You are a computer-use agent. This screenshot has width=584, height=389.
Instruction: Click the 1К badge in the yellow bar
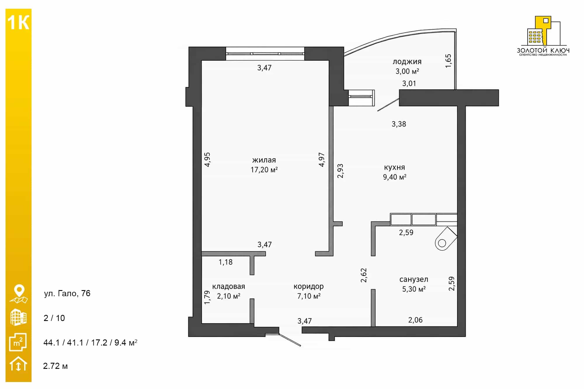[18, 23]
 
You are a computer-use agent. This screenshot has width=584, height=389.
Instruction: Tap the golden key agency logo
[543, 36]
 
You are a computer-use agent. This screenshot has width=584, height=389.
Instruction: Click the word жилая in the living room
[264, 160]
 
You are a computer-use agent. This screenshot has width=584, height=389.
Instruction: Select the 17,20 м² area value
[264, 170]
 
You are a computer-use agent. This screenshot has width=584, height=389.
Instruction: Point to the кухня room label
[394, 167]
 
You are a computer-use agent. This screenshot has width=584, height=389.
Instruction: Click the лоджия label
[407, 62]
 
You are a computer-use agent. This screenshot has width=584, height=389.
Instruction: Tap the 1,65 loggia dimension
[448, 61]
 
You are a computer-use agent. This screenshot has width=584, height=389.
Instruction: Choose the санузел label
[414, 279]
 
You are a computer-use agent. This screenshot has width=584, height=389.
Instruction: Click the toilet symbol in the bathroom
[445, 239]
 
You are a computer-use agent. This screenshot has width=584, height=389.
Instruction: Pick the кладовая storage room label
[229, 286]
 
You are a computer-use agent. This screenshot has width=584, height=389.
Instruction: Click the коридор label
[309, 287]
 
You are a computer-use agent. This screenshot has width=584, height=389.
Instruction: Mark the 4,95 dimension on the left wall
[207, 160]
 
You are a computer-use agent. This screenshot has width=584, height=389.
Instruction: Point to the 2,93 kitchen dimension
[340, 171]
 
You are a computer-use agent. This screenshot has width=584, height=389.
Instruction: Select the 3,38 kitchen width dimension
[399, 124]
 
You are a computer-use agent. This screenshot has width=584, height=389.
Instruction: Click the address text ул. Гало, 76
[67, 293]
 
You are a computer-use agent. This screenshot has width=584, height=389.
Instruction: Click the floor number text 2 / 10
[54, 318]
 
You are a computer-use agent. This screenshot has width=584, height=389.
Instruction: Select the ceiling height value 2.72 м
[55, 366]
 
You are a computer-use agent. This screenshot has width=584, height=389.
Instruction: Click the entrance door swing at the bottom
[290, 340]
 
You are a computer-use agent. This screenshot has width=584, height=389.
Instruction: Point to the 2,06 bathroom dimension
[415, 320]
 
